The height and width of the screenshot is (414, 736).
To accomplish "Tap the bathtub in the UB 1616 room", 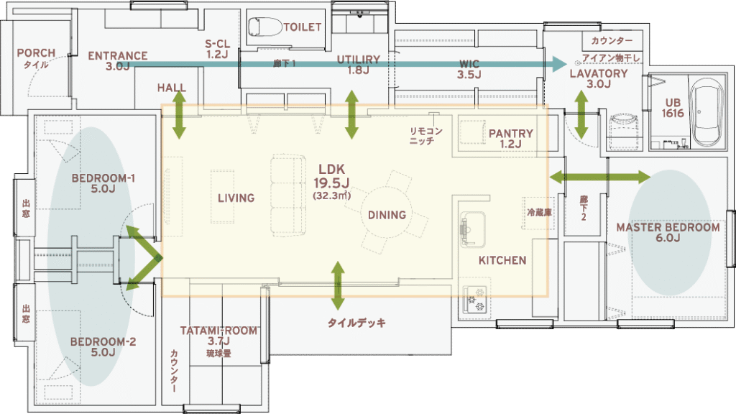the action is click(x=709, y=113).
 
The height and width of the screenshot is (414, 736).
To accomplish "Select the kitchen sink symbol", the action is click(x=473, y=229).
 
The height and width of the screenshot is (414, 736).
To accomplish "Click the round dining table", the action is click(x=386, y=215).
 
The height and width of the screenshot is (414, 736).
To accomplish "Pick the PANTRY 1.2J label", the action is click(x=511, y=139).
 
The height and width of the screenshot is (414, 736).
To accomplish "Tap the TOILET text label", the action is click(x=303, y=27).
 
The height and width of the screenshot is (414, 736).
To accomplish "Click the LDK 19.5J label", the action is click(x=331, y=175).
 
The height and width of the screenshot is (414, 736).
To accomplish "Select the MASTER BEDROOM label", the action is click(x=668, y=232).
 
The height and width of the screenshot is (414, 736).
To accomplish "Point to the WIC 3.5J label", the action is click(x=469, y=70).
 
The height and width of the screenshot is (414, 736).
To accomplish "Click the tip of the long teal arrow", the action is click(x=568, y=64).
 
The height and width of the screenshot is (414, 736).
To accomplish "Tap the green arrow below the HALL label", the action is click(x=179, y=115).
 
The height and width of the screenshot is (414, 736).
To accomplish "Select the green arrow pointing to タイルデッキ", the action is click(x=338, y=286).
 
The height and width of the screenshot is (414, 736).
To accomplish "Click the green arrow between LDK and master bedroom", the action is click(x=600, y=177).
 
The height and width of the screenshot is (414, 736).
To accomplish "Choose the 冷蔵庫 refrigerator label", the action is click(x=539, y=213).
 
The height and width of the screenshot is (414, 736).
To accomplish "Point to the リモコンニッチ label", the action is click(x=425, y=136).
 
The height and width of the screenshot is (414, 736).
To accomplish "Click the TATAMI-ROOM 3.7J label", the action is click(x=218, y=336).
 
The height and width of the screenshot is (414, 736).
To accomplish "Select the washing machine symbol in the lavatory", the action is click(x=623, y=132).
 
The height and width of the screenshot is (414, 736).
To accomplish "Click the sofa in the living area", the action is click(x=287, y=194).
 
